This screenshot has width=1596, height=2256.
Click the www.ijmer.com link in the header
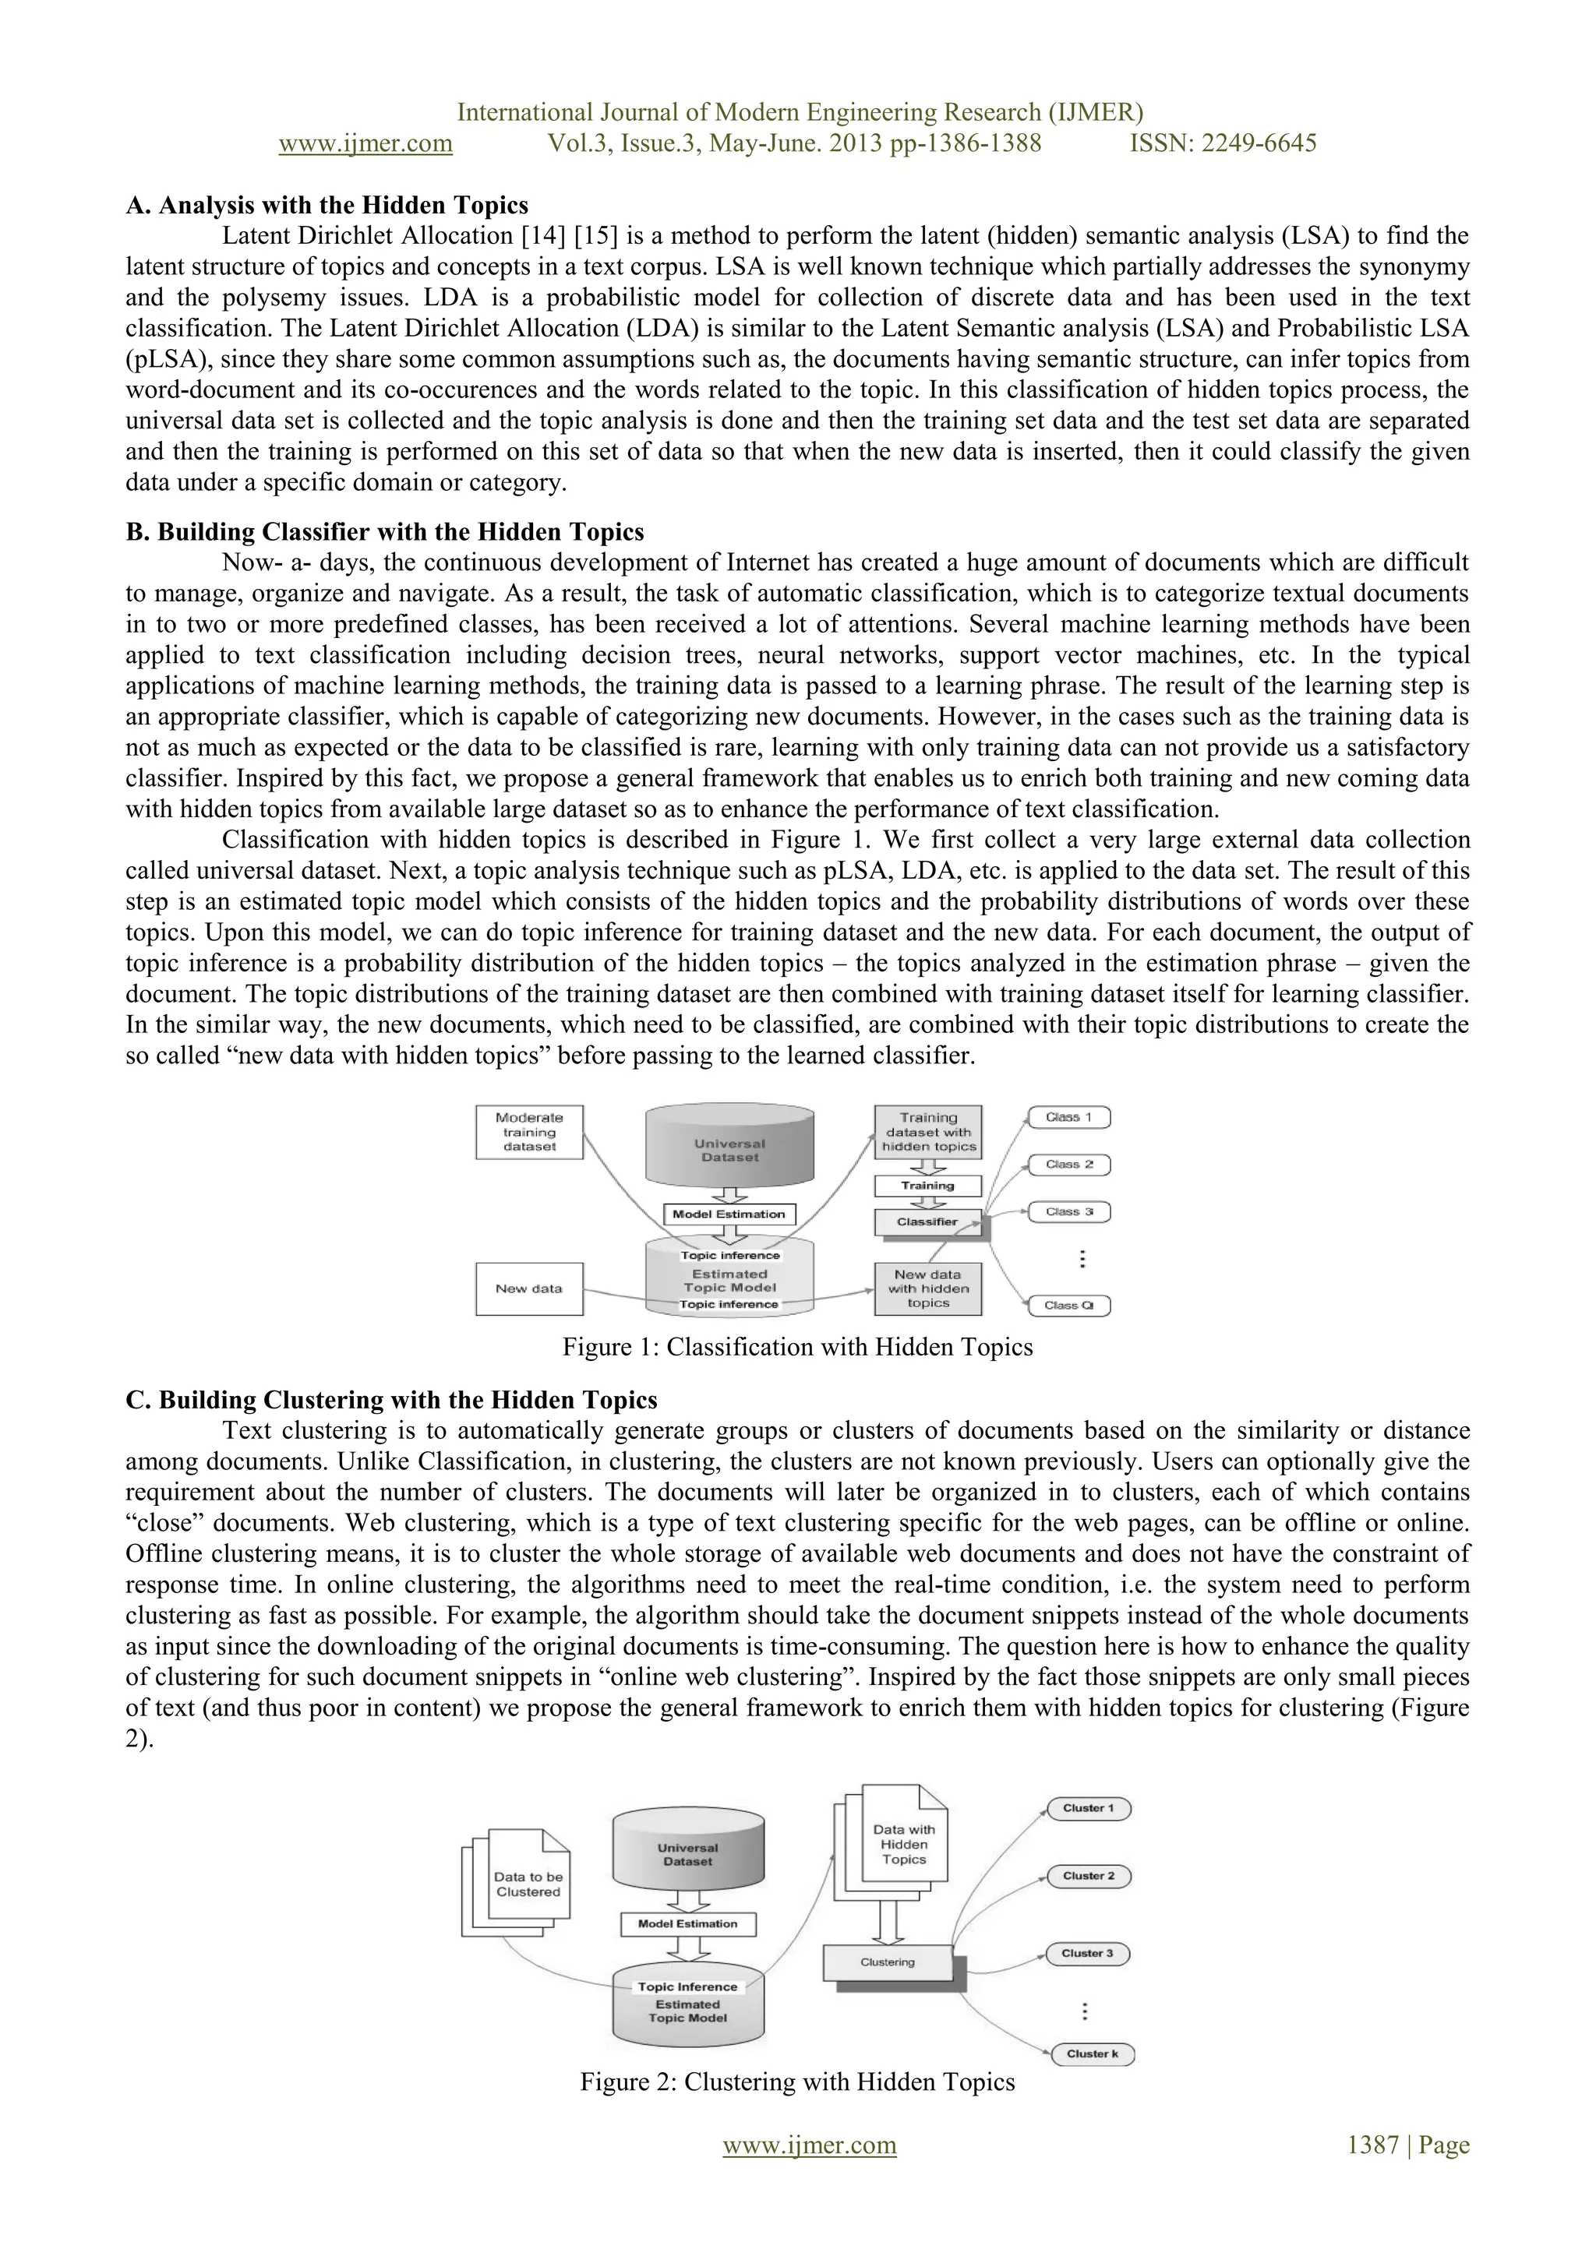click(x=365, y=143)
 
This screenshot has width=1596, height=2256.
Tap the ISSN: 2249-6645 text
click(x=1223, y=143)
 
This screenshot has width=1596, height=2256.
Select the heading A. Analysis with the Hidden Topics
click(x=327, y=206)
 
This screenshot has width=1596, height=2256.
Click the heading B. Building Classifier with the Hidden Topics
click(x=385, y=533)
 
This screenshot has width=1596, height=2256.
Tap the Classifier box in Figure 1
click(x=927, y=1222)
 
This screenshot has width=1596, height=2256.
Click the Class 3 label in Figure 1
click(x=1069, y=1211)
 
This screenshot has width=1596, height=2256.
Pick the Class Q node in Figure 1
click(x=1069, y=1306)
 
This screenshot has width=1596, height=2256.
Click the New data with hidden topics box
click(x=927, y=1288)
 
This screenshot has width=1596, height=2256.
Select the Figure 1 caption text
click(x=797, y=1347)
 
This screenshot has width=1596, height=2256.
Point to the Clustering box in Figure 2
click(x=888, y=1962)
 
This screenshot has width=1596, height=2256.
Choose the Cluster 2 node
click(x=1089, y=1876)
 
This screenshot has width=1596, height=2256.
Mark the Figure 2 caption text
click(x=797, y=2082)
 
